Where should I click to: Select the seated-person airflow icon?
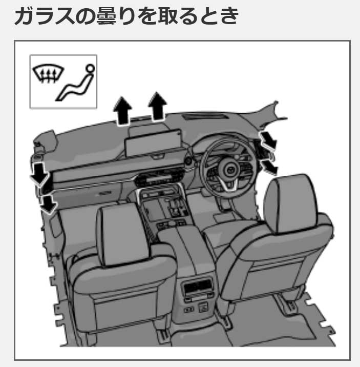pyautogui.click(x=75, y=84)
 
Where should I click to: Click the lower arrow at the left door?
pyautogui.click(x=48, y=203)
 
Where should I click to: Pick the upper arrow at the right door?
pyautogui.click(x=268, y=139)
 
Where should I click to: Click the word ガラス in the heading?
pyautogui.click(x=46, y=16)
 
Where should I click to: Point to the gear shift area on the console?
pyautogui.click(x=174, y=208)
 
